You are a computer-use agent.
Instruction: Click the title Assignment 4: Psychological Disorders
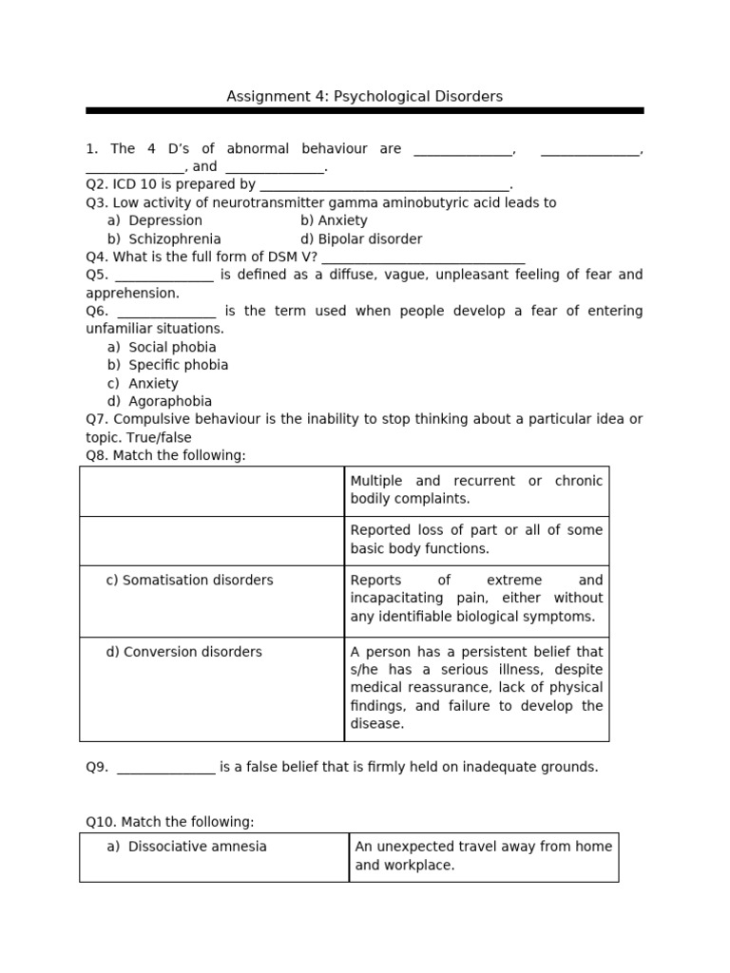364,96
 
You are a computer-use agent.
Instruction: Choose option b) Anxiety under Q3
334,220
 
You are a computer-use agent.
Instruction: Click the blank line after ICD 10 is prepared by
385,185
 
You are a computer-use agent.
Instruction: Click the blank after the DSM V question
423,258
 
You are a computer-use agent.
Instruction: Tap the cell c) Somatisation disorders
189,580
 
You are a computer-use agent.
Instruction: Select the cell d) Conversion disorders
183,652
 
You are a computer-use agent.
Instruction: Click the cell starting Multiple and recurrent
476,489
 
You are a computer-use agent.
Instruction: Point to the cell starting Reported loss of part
476,539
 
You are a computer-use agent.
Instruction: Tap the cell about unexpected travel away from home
483,855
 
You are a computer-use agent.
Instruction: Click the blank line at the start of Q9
166,768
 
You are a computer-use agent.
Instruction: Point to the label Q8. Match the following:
165,455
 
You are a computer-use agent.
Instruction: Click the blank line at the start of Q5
164,276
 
